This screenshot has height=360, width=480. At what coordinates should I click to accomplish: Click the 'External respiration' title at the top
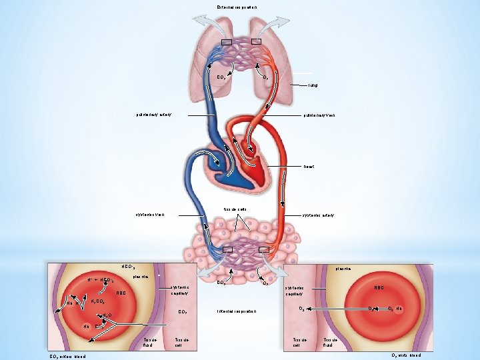pos(237,7)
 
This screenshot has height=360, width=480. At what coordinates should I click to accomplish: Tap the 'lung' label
pos(313,85)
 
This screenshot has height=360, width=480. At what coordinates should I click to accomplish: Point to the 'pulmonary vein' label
pos(319,115)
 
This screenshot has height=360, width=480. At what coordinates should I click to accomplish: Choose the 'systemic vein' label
pos(150,215)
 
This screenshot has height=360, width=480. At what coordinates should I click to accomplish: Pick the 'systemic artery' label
pos(318,215)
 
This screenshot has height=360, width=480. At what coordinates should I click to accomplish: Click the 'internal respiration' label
pos(237,311)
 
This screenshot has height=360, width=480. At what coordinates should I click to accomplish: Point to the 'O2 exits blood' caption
pos(406,355)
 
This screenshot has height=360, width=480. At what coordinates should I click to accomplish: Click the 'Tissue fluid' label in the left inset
pos(150,342)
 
